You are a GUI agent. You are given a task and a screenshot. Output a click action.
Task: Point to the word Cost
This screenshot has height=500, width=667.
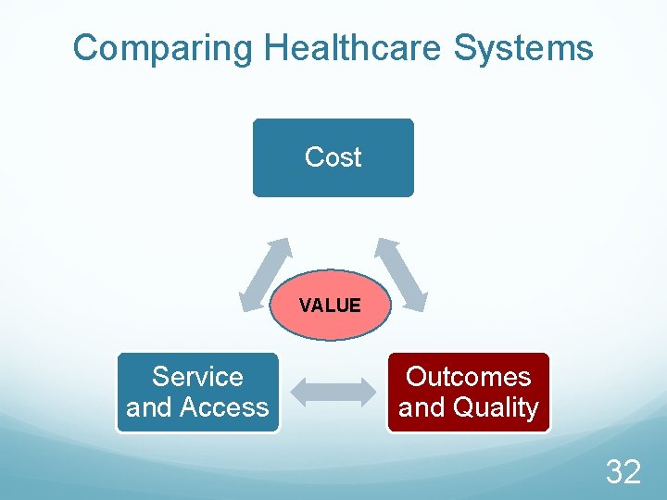click(333, 157)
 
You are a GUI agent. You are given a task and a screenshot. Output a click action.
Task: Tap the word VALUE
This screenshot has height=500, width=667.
click(331, 306)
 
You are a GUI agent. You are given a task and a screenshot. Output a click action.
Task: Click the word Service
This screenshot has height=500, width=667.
click(197, 377)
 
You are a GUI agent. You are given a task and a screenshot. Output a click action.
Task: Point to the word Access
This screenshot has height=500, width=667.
click(224, 407)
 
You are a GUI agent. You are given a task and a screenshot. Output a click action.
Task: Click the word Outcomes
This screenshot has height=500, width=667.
click(469, 377)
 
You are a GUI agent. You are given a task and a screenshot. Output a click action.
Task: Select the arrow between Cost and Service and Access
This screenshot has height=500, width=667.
click(265, 274)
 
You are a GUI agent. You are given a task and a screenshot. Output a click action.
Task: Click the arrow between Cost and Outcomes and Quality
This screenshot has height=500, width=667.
click(400, 274)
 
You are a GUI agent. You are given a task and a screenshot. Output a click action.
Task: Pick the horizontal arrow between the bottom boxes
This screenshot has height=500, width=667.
click(333, 393)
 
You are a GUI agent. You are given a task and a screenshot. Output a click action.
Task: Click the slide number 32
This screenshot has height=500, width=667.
click(623, 472)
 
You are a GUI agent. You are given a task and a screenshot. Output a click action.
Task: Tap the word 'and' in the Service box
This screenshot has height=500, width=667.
click(145, 407)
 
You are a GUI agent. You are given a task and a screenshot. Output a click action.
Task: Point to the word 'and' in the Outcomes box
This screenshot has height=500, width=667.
click(419, 407)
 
